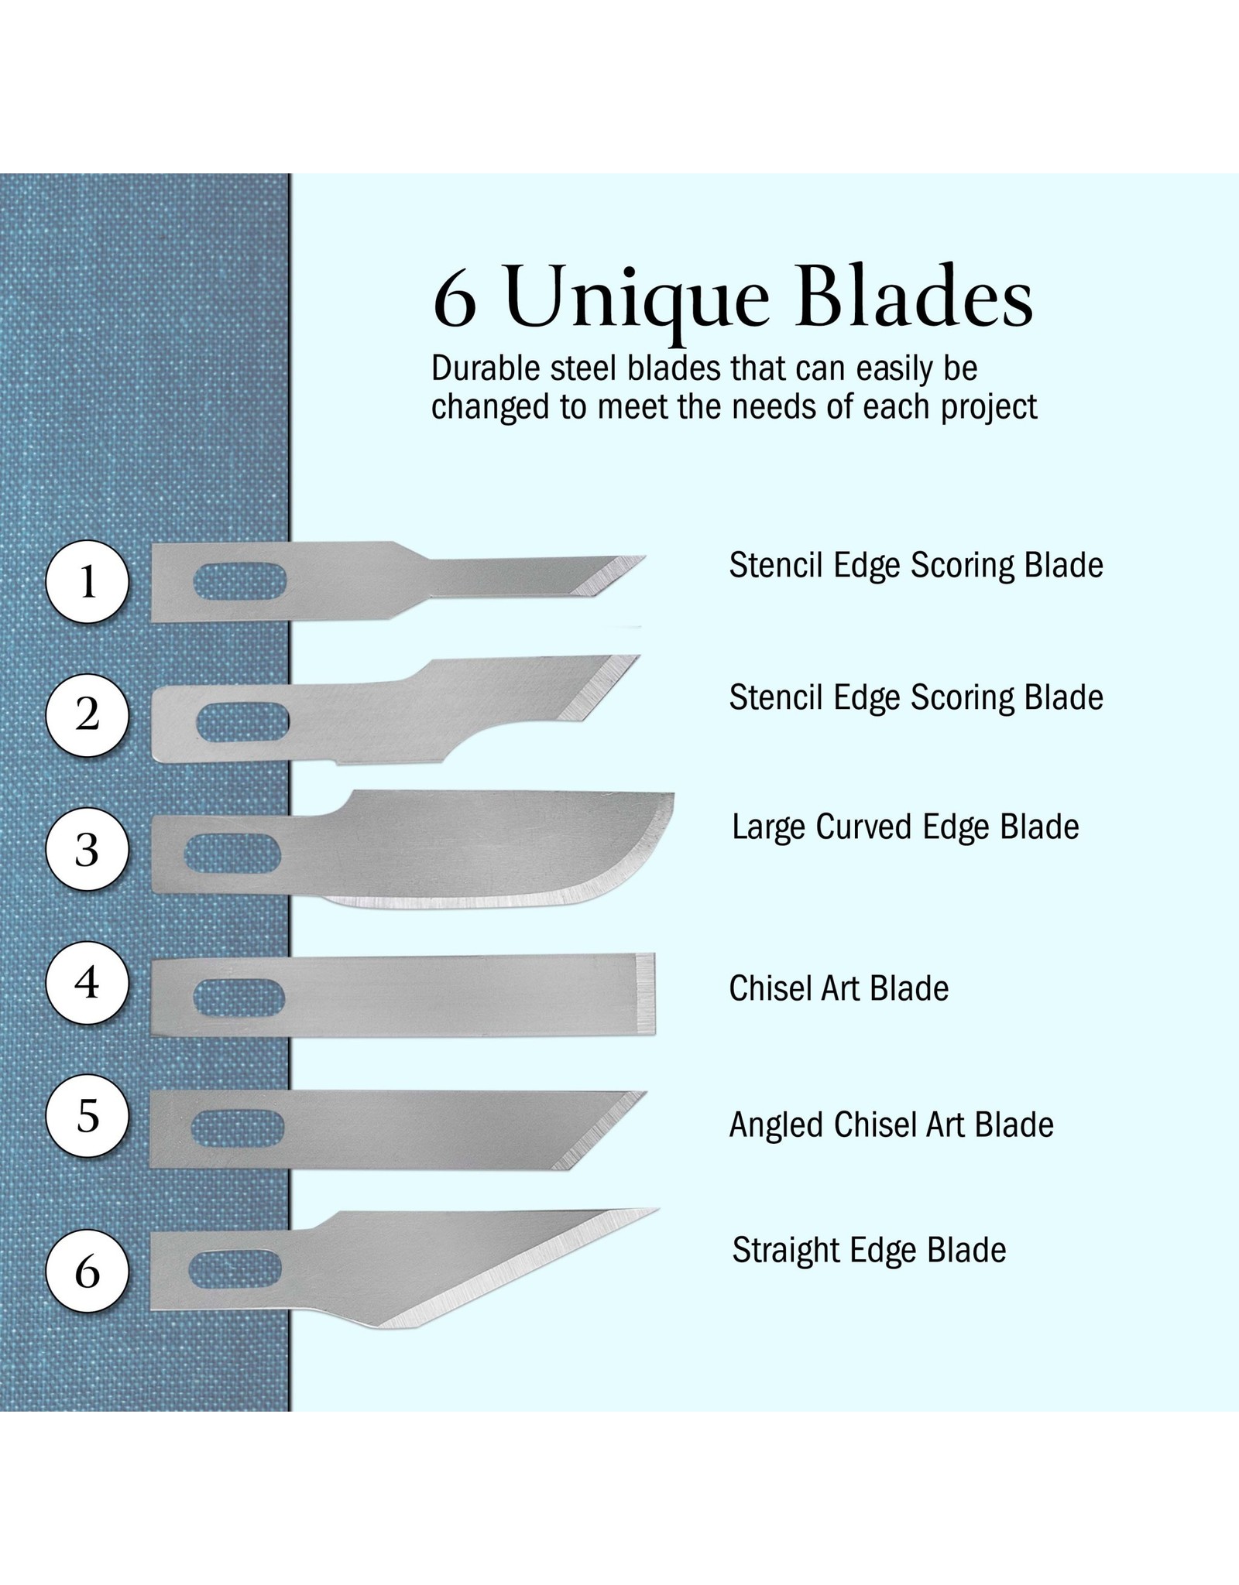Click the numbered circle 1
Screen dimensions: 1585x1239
pyautogui.click(x=87, y=581)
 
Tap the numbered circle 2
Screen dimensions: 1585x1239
pyautogui.click(x=87, y=715)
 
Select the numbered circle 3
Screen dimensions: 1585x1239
pyautogui.click(x=87, y=850)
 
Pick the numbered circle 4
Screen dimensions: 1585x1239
pyautogui.click(x=87, y=983)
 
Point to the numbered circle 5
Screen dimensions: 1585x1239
pyautogui.click(x=87, y=1116)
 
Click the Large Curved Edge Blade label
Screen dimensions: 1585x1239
pyautogui.click(x=905, y=827)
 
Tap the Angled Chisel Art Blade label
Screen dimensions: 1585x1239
pyautogui.click(x=891, y=1125)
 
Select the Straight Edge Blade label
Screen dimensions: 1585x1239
pyautogui.click(x=869, y=1250)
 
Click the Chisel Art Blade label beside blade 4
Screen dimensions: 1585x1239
pyautogui.click(x=839, y=988)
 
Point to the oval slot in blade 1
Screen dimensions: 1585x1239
pyautogui.click(x=240, y=581)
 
